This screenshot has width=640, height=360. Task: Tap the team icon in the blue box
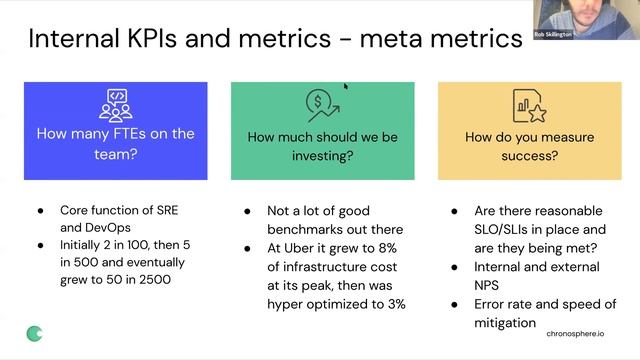(115, 105)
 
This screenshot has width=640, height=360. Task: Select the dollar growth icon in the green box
(322, 105)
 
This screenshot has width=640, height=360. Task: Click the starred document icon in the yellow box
(527, 105)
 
